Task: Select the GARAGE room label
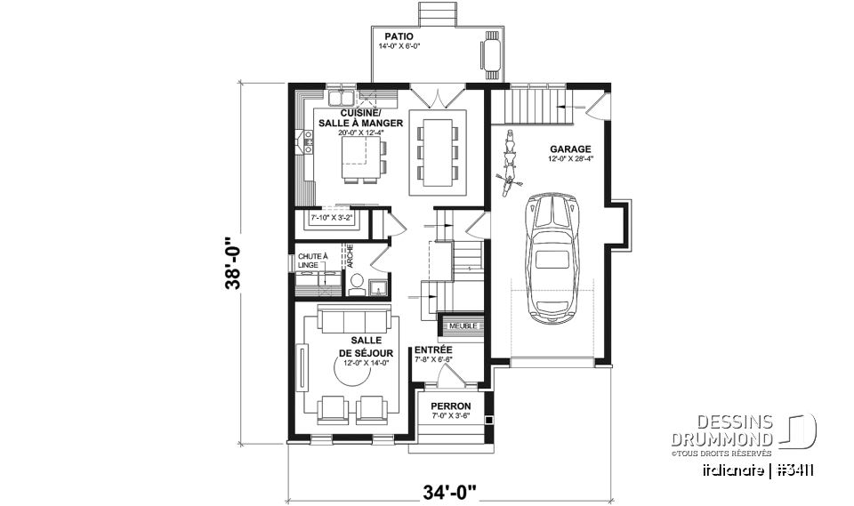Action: tap(570, 149)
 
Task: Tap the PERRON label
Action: tap(452, 406)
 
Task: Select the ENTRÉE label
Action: tap(433, 350)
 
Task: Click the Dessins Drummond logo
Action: tap(760, 432)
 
